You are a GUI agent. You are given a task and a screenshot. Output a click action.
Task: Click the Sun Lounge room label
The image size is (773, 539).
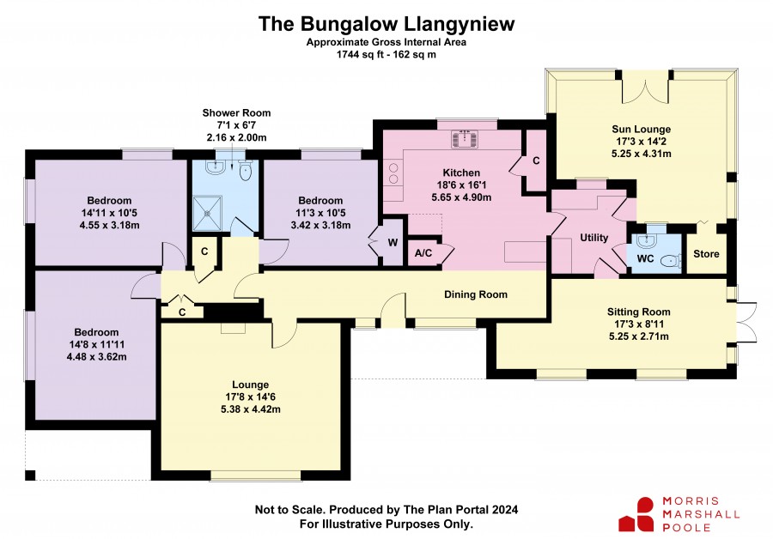[x=641, y=129]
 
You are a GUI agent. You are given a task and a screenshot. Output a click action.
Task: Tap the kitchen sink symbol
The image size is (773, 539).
[x=465, y=138]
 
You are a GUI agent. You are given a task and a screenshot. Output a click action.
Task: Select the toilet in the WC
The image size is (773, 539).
[x=671, y=260]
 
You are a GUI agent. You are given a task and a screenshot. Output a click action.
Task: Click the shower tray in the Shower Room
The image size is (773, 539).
[x=207, y=214]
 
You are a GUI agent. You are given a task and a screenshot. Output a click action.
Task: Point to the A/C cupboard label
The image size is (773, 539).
[x=423, y=253]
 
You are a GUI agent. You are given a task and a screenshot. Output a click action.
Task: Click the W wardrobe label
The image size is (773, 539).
[x=393, y=242]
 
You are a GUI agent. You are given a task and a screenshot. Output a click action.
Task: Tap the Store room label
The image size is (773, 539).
[x=706, y=254]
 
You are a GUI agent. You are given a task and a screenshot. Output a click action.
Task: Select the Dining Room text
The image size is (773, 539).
[x=476, y=294]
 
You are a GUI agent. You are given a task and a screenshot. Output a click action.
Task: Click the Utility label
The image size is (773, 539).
[x=594, y=238]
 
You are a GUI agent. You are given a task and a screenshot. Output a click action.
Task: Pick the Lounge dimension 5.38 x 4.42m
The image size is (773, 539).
[x=251, y=409]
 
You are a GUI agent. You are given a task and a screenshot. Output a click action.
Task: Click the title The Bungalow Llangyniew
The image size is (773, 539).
[x=386, y=24]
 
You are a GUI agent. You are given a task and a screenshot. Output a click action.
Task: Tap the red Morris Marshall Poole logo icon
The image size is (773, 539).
[x=637, y=515]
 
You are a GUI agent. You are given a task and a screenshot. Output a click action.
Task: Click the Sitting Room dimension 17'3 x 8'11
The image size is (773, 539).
[x=638, y=324]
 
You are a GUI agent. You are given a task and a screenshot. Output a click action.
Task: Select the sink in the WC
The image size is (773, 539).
[x=645, y=240]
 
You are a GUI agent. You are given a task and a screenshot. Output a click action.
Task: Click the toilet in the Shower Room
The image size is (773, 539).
[x=245, y=170]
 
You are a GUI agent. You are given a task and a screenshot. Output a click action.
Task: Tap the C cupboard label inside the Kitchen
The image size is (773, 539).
[x=536, y=160]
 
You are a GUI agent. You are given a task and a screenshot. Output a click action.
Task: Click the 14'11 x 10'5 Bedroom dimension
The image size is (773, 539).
[x=109, y=213]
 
